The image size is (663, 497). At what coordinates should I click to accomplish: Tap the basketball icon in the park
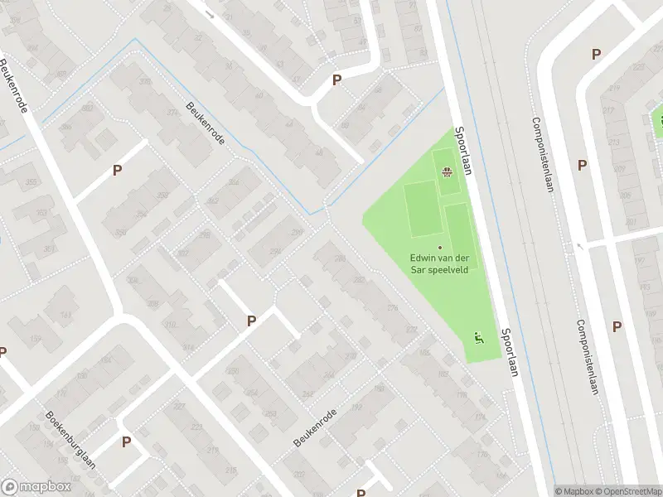(448, 172)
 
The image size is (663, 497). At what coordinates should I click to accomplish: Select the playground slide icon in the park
(477, 336)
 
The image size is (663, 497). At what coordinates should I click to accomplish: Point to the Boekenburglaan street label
(70, 440)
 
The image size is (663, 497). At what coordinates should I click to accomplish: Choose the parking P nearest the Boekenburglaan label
(126, 442)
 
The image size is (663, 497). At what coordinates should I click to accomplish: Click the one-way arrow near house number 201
(579, 246)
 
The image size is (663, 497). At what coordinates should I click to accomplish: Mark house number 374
(172, 113)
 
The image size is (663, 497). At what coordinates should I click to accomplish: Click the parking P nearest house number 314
(251, 321)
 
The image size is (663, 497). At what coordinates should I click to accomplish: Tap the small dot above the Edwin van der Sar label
(439, 247)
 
